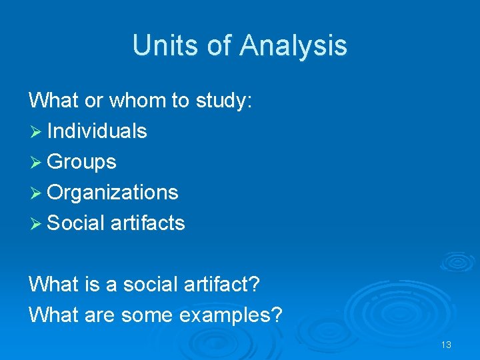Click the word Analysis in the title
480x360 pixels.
pyautogui.click(x=293, y=45)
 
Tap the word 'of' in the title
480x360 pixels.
pyautogui.click(x=217, y=45)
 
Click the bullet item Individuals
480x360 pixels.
pyautogui.click(x=97, y=131)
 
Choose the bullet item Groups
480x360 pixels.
pyautogui.click(x=82, y=162)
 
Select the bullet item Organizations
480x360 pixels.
pyautogui.click(x=113, y=193)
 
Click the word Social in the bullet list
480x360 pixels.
pyautogui.click(x=76, y=223)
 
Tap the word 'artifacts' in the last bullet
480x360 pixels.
pyautogui.click(x=148, y=223)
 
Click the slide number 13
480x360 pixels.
pyautogui.click(x=446, y=345)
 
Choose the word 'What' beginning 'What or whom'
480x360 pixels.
pyautogui.click(x=54, y=101)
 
